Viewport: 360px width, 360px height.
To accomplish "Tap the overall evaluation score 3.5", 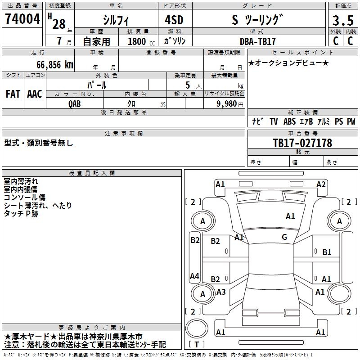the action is pyautogui.click(x=342, y=21).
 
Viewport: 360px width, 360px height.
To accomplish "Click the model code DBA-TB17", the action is pyautogui.click(x=258, y=41).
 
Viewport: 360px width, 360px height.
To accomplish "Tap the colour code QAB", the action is pyautogui.click(x=75, y=103).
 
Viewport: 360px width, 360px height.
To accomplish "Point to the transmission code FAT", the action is pyautogui.click(x=13, y=94).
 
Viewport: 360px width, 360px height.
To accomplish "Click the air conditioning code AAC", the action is pyautogui.click(x=35, y=94).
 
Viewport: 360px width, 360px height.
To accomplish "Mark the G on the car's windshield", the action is pyautogui.click(x=284, y=237).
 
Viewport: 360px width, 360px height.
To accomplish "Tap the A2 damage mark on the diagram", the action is pyautogui.click(x=321, y=184).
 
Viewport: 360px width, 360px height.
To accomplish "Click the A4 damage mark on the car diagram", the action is pyautogui.click(x=194, y=276).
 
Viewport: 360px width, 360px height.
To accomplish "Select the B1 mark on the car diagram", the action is pyautogui.click(x=327, y=252).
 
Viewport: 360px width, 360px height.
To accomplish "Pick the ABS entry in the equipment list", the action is pyautogui.click(x=289, y=121).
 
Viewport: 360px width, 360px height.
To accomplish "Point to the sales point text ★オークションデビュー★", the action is pyautogui.click(x=288, y=63).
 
